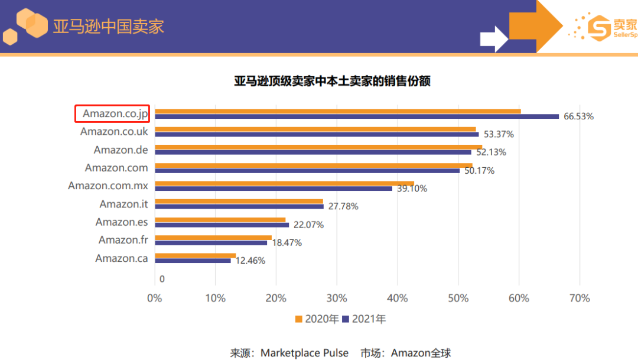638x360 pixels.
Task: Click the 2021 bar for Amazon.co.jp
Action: point(357,116)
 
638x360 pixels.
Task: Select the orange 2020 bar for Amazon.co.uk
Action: point(315,129)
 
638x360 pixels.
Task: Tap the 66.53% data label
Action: point(578,116)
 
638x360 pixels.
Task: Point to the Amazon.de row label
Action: point(121,150)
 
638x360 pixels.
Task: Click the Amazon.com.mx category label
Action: point(108,186)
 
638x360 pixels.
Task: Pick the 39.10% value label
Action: point(412,189)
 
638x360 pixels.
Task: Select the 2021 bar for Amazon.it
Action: point(239,206)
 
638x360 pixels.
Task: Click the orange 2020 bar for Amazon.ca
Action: point(195,255)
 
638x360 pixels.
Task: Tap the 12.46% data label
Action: point(250,261)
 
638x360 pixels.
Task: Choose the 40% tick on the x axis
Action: point(398,299)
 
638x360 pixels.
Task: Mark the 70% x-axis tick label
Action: point(580,299)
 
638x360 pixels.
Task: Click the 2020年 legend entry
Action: point(317,319)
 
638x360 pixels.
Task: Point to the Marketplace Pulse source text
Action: point(304,353)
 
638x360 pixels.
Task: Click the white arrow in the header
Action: point(494,39)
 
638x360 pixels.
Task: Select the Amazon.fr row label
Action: point(123,240)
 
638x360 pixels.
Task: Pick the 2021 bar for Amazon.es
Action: point(222,225)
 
